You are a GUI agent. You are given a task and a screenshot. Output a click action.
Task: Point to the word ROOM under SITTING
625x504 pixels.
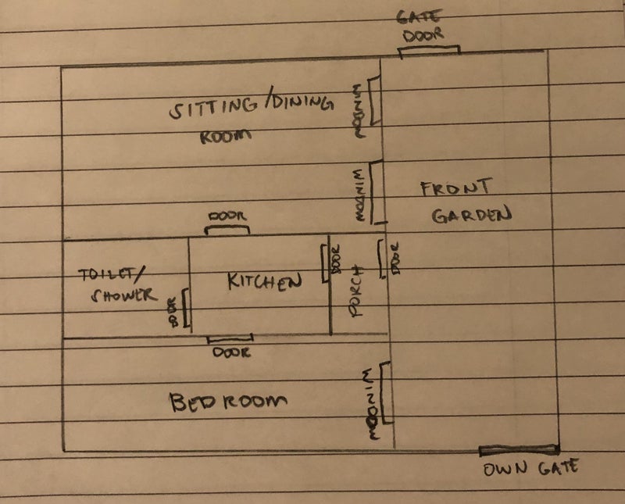(227, 134)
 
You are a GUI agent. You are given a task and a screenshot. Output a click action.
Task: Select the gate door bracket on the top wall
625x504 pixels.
(429, 51)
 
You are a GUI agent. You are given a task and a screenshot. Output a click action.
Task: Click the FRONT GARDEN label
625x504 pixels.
(465, 202)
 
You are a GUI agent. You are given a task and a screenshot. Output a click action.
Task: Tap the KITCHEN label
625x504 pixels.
(264, 281)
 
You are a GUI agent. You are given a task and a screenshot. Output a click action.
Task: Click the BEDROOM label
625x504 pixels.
(229, 402)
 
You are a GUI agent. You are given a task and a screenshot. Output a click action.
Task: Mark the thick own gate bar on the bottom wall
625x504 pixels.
(519, 449)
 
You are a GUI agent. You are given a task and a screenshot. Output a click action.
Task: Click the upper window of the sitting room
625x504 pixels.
(376, 102)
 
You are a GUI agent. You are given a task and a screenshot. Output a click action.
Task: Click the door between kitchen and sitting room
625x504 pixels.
(227, 230)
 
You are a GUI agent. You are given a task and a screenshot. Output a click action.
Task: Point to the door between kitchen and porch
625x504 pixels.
(325, 263)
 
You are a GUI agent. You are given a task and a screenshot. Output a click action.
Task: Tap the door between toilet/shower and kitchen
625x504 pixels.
(184, 310)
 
